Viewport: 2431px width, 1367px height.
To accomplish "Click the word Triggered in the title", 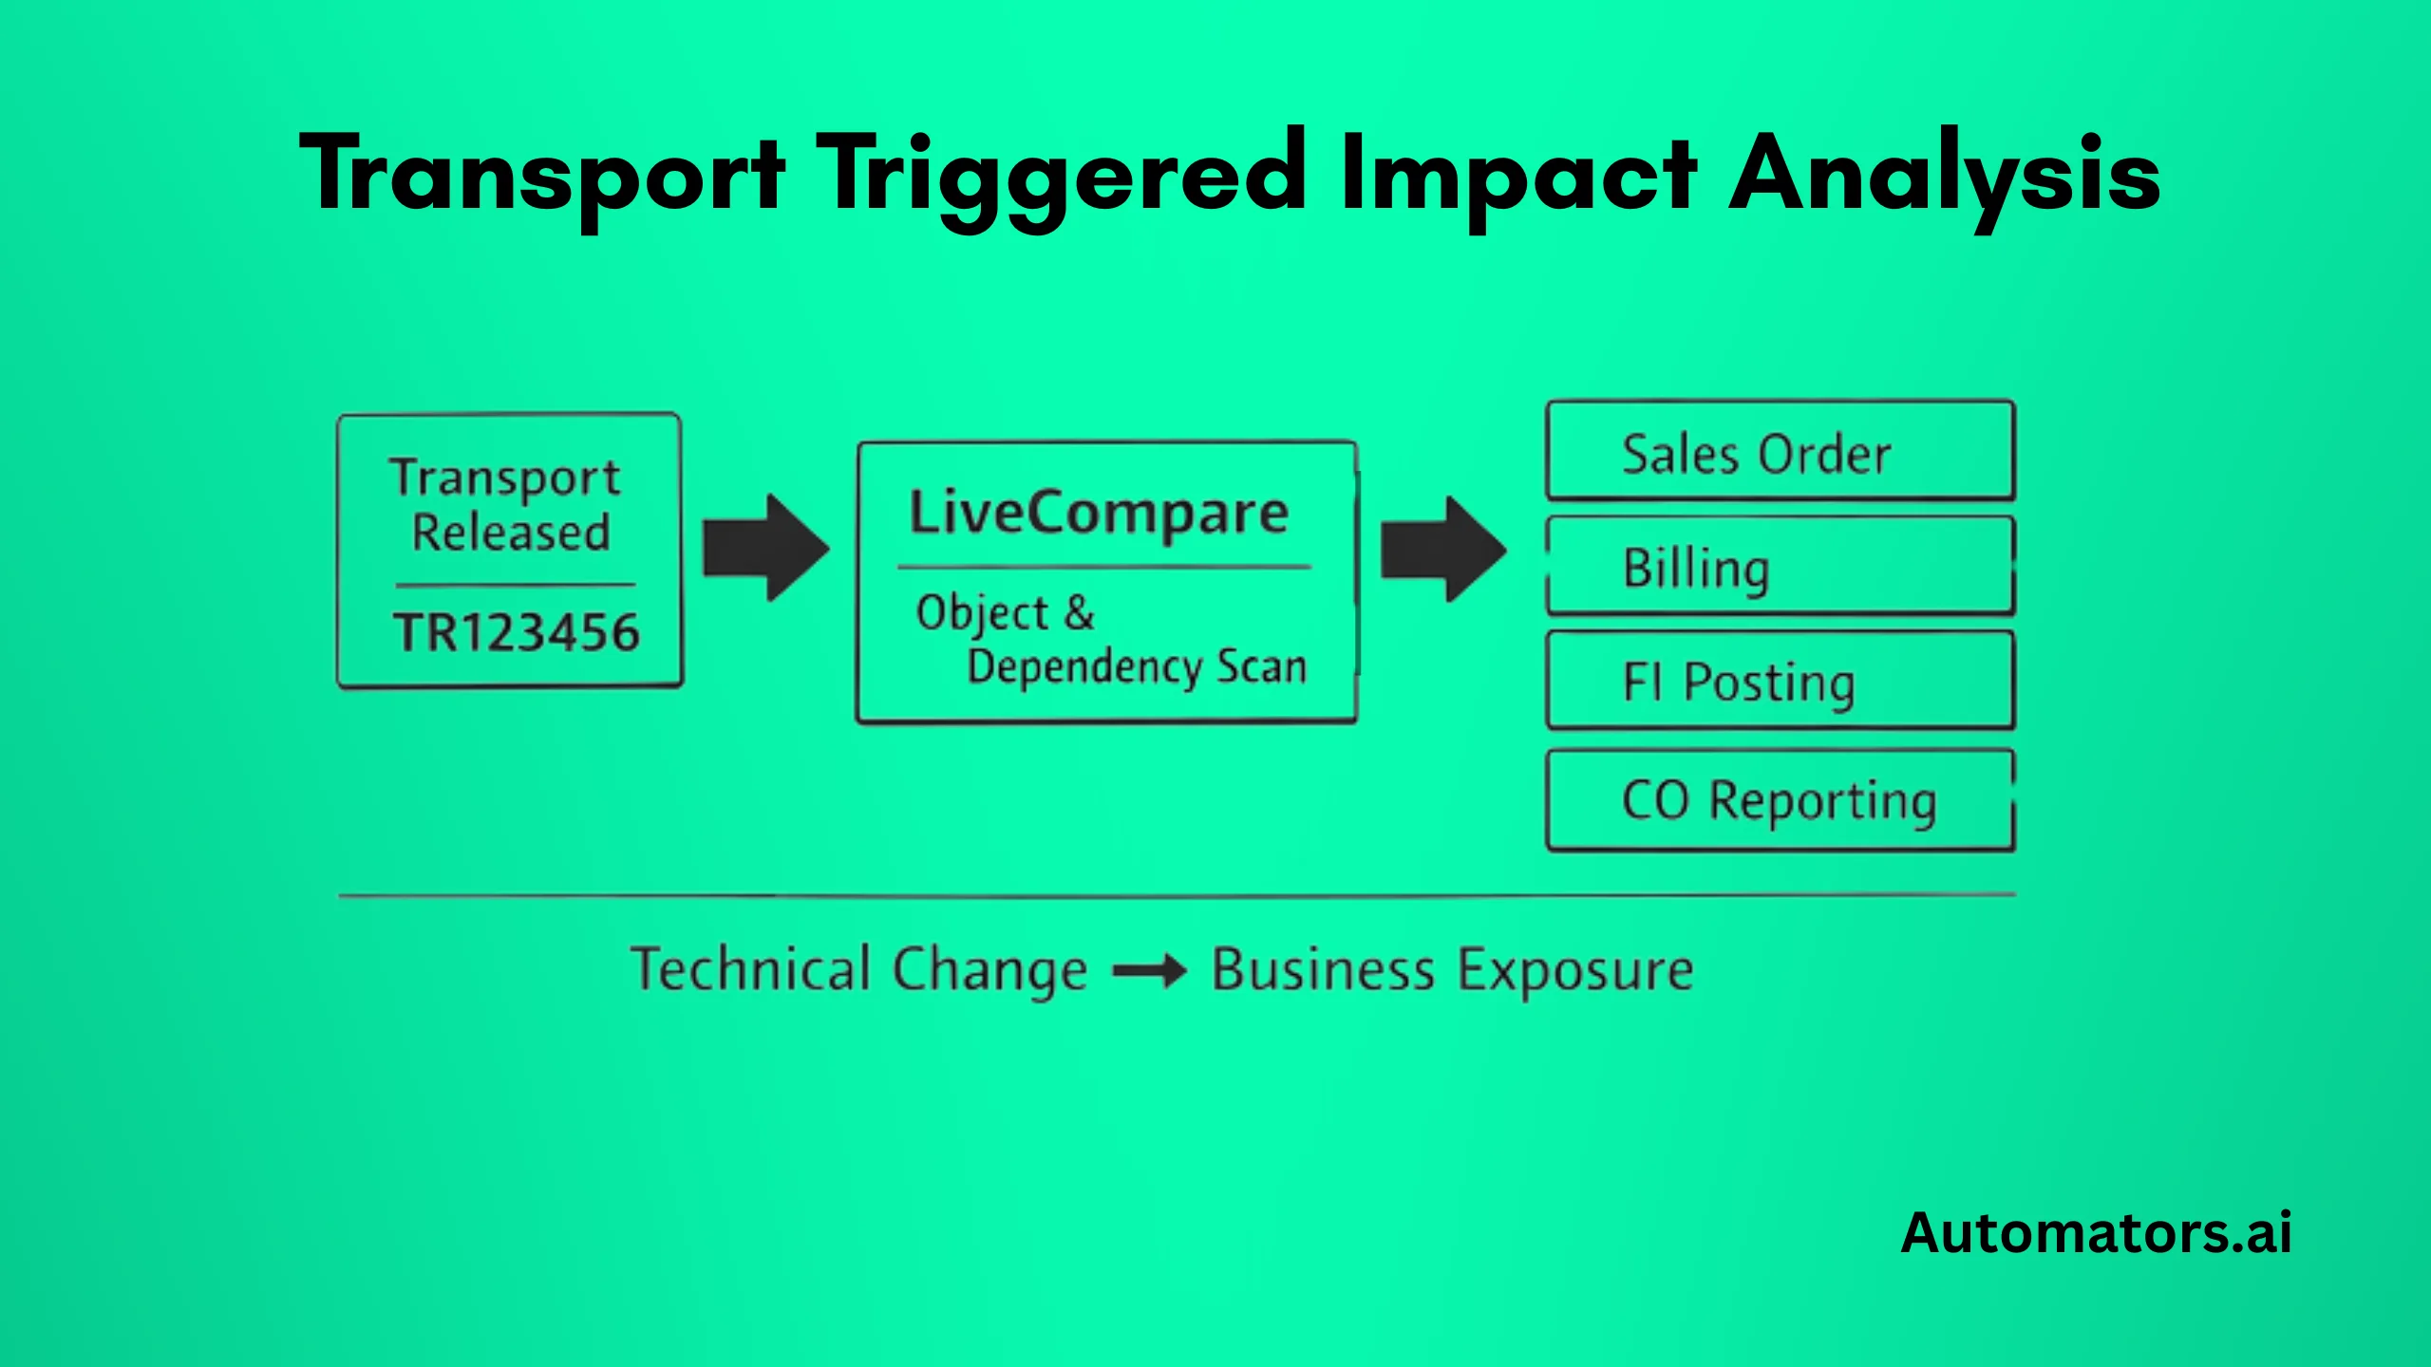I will [x=1062, y=176].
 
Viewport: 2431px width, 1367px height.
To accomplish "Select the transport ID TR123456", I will [x=517, y=632].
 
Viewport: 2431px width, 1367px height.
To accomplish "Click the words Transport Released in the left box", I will [x=509, y=505].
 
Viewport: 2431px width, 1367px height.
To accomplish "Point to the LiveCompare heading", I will [x=1099, y=513].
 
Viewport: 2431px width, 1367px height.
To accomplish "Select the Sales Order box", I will [x=1780, y=452].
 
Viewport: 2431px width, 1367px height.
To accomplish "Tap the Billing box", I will [x=1780, y=568].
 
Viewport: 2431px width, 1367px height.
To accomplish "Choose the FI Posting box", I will [x=1780, y=682].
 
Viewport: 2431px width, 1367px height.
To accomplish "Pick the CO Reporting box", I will [x=1780, y=800].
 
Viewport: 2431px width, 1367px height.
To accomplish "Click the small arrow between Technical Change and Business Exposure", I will [x=1149, y=971].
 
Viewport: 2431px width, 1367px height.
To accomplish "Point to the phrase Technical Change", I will [x=859, y=970].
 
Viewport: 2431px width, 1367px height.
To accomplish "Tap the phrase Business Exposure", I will [x=1453, y=970].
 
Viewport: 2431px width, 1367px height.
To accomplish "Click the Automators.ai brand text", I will [x=2096, y=1233].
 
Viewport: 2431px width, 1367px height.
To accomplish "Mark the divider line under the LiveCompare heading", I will [x=1104, y=568].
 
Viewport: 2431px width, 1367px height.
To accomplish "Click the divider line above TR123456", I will [x=515, y=585].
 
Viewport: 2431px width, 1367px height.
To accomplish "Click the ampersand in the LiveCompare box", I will [x=1080, y=612].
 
